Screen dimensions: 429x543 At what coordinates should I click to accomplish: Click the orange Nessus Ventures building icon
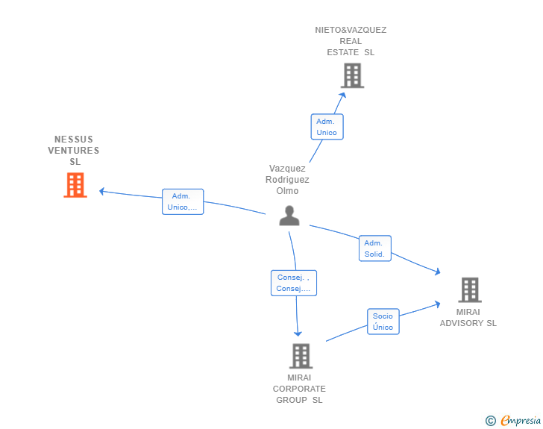click(x=75, y=185)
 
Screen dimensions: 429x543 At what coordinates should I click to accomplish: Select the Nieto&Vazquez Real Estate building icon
click(x=352, y=75)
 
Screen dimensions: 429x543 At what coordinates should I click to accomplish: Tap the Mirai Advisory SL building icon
click(x=469, y=289)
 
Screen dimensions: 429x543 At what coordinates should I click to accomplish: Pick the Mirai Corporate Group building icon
click(x=300, y=356)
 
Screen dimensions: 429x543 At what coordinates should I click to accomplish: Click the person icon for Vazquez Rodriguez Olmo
click(x=289, y=216)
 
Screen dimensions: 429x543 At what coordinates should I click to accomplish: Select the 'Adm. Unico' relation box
click(x=327, y=127)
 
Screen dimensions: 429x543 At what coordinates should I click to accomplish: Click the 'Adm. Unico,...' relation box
click(x=183, y=201)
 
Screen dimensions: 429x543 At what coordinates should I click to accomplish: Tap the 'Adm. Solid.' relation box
click(x=374, y=248)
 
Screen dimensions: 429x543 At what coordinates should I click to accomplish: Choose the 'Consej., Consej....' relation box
click(x=293, y=283)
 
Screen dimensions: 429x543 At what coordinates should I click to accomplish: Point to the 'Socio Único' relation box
click(x=383, y=322)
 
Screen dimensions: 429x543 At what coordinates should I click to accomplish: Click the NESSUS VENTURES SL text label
click(x=74, y=151)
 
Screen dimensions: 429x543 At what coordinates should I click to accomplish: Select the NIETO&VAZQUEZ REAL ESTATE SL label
click(x=351, y=41)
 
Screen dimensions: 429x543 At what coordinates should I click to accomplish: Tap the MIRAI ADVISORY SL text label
click(x=468, y=318)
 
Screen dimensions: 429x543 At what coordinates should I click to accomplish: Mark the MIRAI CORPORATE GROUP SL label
click(x=299, y=389)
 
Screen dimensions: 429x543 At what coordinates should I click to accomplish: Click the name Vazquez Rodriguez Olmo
click(x=287, y=179)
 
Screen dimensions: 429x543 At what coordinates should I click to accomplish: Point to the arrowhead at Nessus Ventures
click(x=102, y=191)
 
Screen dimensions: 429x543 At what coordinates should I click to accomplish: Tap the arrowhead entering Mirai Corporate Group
click(x=298, y=333)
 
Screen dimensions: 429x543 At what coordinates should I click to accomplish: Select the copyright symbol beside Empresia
click(x=491, y=421)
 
